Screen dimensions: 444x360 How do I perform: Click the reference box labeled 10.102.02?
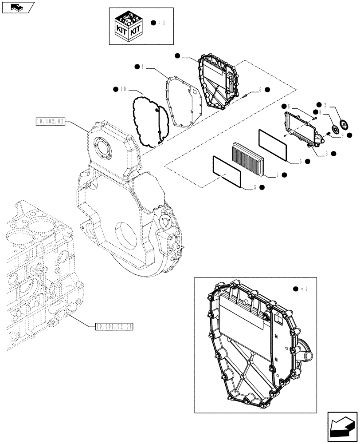point(50,121)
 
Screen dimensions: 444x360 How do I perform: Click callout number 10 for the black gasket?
point(122,89)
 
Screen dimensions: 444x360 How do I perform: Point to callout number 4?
point(143,67)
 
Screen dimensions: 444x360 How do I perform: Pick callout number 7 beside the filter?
point(277,175)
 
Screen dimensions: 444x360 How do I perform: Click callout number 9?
point(343,135)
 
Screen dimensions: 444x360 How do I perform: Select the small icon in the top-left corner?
point(17,7)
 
